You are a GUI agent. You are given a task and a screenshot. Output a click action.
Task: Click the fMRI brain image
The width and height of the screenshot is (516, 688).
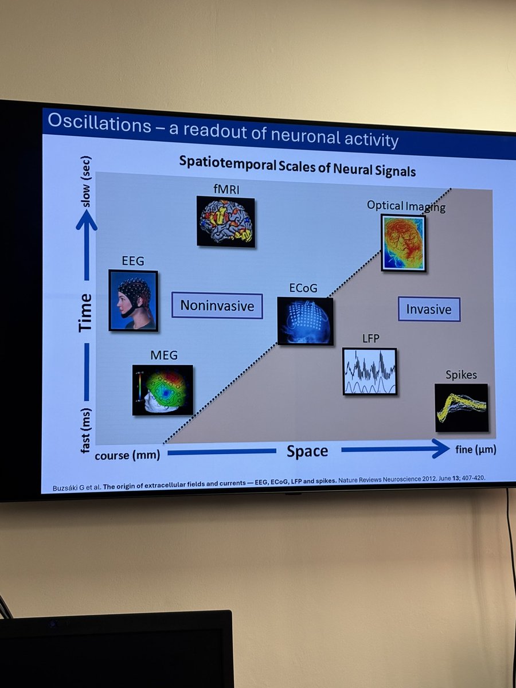click(225, 221)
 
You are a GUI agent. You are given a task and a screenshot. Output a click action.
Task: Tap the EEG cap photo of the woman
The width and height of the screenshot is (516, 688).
click(133, 300)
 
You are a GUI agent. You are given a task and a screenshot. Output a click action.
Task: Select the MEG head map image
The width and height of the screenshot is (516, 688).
click(162, 390)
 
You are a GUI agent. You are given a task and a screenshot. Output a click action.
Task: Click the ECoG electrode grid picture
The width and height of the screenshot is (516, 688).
click(304, 321)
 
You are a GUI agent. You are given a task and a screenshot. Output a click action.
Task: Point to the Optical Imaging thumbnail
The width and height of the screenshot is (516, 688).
click(403, 243)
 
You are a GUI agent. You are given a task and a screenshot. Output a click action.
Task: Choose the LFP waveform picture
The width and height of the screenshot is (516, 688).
click(369, 372)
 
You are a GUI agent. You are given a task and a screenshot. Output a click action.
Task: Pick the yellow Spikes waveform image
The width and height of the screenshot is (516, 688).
click(461, 407)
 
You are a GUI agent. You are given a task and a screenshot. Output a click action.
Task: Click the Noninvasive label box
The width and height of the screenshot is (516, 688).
click(217, 306)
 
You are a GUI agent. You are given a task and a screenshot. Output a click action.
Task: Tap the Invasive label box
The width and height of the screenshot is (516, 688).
click(429, 309)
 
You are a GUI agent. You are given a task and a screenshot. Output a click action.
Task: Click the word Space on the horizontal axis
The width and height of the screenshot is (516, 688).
click(307, 451)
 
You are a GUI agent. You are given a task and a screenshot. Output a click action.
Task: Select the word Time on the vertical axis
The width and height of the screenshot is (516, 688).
click(85, 312)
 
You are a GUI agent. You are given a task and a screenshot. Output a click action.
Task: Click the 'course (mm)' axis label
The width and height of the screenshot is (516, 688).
click(127, 455)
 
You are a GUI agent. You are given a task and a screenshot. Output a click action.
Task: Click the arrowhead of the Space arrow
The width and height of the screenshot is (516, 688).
click(441, 449)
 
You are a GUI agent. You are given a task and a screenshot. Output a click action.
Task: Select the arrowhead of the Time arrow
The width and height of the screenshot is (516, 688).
click(86, 220)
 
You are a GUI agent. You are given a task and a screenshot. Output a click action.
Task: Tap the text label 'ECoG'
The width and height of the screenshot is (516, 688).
click(304, 288)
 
